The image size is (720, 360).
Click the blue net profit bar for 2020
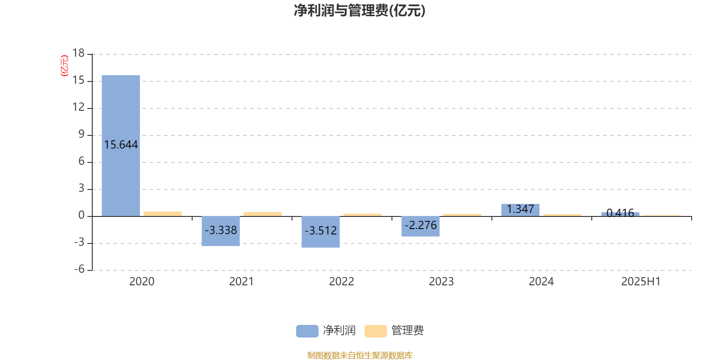121,146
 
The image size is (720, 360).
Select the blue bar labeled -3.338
220,231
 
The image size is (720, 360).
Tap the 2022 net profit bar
320,232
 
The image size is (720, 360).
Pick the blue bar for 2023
420,226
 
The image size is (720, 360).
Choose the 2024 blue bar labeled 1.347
520,210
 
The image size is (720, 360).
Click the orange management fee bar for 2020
162,214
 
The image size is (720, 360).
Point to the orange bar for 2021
263,214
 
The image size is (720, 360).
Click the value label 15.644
121,144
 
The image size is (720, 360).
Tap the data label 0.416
620,213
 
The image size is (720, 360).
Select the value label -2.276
420,225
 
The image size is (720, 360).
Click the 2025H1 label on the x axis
641,282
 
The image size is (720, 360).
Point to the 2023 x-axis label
441,282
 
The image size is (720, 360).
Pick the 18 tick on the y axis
78,53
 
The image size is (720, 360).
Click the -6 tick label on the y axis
79,269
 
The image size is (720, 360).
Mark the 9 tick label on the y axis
81,134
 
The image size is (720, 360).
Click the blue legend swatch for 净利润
307,331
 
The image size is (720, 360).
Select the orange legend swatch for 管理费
375,331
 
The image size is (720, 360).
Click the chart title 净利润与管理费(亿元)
360,11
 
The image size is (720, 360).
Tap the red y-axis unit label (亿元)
65,66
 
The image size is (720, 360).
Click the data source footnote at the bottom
360,355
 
